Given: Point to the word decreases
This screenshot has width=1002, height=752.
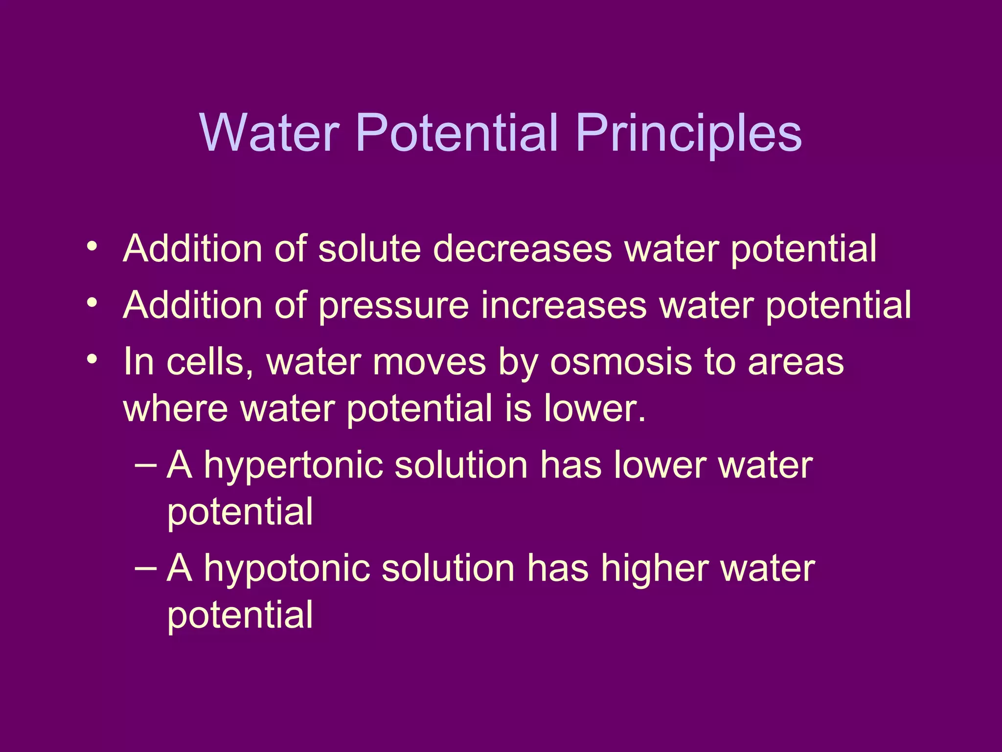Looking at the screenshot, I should pos(523,249).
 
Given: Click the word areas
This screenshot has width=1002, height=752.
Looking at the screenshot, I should pos(796,362).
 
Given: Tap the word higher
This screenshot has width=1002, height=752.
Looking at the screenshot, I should pos(655,569).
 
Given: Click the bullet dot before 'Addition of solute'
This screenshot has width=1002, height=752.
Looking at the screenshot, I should pos(91,246).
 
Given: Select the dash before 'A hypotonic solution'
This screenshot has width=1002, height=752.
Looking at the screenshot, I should pos(145,567).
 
